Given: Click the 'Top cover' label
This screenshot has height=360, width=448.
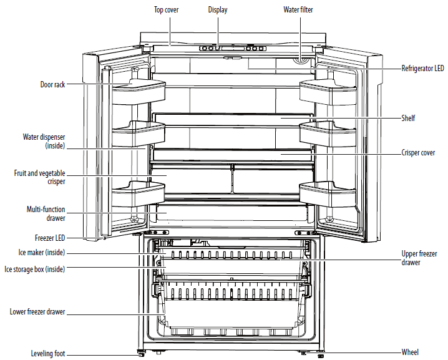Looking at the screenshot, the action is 167,10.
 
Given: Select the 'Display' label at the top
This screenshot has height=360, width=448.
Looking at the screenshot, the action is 218,10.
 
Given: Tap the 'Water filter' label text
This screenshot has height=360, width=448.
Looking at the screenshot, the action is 298,10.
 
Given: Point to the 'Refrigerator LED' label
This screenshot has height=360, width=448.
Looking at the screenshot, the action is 423,68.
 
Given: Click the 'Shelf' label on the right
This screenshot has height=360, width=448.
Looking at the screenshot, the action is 408,118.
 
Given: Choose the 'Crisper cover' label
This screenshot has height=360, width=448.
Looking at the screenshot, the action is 418,153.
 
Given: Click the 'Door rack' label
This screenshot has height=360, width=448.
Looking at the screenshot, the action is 52,85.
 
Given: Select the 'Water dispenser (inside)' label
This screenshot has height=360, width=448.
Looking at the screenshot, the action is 44,142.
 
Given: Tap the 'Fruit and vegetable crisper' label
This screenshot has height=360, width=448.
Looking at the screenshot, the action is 40,177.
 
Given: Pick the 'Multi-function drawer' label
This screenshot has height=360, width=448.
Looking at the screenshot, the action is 46,214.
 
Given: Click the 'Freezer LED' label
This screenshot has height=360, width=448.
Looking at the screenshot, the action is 50,238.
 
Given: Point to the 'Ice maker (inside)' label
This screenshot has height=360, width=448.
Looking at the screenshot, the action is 42,253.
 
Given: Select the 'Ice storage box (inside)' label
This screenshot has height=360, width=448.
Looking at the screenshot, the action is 35,269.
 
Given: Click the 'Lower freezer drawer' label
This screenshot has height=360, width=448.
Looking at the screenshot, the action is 37,311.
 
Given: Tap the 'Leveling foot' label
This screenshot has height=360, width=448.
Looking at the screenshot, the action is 48,353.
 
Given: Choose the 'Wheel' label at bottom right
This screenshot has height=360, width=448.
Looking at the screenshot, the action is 410,352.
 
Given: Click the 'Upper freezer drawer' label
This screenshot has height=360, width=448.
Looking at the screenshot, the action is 419,258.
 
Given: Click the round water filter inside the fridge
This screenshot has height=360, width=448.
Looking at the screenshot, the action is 299,61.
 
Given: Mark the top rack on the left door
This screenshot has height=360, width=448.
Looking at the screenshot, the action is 139,91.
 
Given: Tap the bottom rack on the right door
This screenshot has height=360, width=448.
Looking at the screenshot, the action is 328,193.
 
